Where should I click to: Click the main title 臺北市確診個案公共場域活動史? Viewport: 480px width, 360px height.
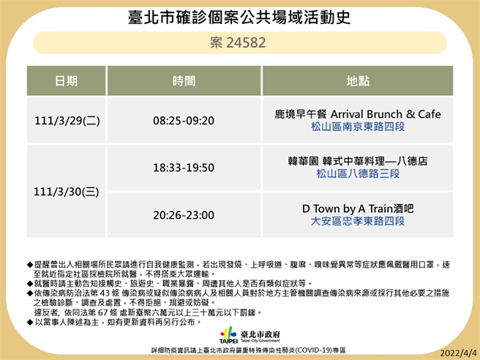pos(239,15)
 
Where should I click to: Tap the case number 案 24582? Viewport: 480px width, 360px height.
pos(239,42)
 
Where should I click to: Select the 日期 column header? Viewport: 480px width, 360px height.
pos(67,80)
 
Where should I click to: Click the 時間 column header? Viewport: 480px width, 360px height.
pos(184,80)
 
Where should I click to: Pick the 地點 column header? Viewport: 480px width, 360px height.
pos(357,80)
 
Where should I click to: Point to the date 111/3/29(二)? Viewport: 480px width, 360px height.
pos(67,121)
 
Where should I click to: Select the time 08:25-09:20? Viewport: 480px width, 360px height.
pos(184,121)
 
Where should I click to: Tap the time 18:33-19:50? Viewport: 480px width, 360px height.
pos(184,168)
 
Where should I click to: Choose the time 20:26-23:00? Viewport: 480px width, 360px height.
pos(184,214)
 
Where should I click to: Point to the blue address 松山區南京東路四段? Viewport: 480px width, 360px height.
pos(357,127)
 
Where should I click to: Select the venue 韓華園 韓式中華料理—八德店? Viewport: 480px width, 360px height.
pos(357,161)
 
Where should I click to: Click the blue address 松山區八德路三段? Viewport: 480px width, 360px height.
pos(357,174)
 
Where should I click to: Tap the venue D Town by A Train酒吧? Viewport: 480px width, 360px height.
pos(357,208)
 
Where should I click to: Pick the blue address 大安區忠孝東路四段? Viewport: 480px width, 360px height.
pos(357,221)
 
